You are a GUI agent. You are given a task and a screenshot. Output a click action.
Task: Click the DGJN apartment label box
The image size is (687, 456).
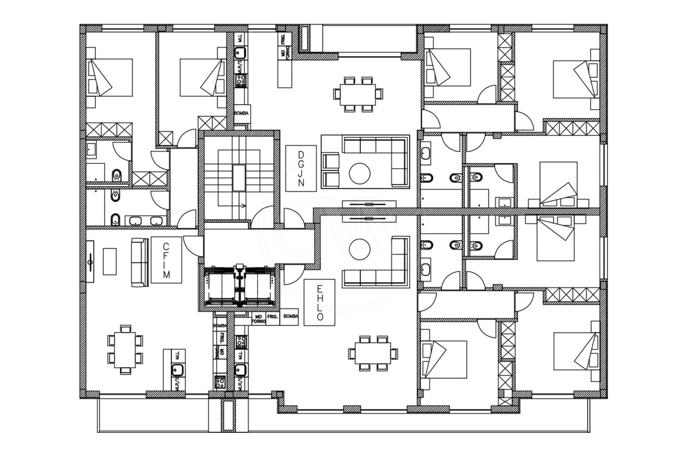coord(301,168)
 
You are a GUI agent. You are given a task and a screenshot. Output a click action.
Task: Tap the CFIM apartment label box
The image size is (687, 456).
coord(167,260)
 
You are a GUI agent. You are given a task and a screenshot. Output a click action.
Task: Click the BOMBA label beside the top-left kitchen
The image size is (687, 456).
coord(241,114)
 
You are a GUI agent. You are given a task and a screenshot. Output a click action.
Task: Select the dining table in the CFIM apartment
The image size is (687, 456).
coord(125,350)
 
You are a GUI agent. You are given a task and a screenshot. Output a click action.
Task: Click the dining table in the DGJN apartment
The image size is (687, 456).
coord(358,94)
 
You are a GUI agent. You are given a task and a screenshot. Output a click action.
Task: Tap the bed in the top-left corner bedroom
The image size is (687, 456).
coord(109,77)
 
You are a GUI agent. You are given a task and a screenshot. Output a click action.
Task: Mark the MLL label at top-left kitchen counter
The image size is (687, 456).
coord(240,39)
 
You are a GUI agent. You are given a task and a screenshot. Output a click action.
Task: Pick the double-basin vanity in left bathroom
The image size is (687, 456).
coord(144,221)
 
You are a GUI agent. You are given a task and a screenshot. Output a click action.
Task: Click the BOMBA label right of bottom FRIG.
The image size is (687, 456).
coord(291,316)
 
